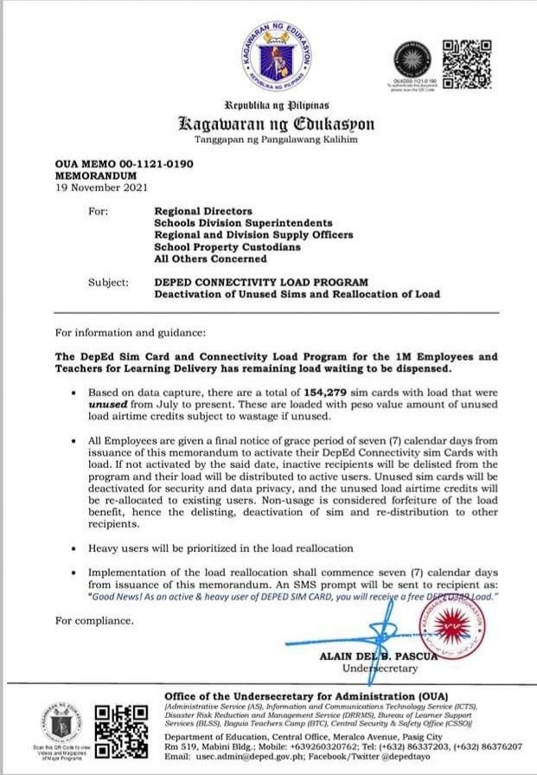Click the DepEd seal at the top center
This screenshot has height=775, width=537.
tap(277, 58)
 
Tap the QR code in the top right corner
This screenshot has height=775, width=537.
tap(467, 61)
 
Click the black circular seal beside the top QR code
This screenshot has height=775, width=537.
tap(412, 60)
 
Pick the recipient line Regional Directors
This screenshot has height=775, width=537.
tap(203, 211)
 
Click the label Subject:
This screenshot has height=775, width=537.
tap(109, 282)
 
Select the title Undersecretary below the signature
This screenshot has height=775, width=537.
tap(380, 669)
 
